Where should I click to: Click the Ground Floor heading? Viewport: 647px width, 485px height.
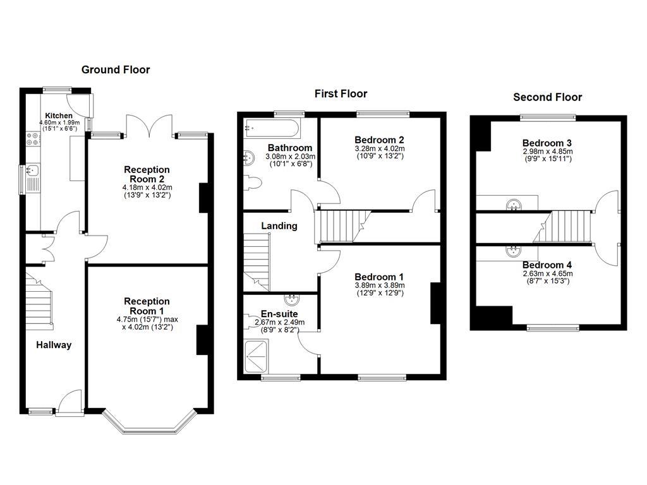click(x=116, y=69)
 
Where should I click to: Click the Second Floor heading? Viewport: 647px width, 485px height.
click(x=547, y=97)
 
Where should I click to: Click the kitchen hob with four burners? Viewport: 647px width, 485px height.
click(x=32, y=139)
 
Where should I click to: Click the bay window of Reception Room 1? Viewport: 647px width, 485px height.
click(x=149, y=424)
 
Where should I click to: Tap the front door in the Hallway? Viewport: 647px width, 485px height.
click(x=70, y=403)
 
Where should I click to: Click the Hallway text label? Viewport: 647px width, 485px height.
click(x=54, y=345)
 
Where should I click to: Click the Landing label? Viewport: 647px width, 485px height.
click(x=279, y=226)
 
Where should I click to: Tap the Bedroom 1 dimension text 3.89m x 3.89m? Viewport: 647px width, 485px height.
click(x=379, y=285)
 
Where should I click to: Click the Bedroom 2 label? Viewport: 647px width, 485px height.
click(x=379, y=140)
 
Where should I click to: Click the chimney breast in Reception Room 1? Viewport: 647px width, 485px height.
click(x=203, y=340)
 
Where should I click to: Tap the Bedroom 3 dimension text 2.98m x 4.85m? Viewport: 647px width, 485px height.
click(x=547, y=151)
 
